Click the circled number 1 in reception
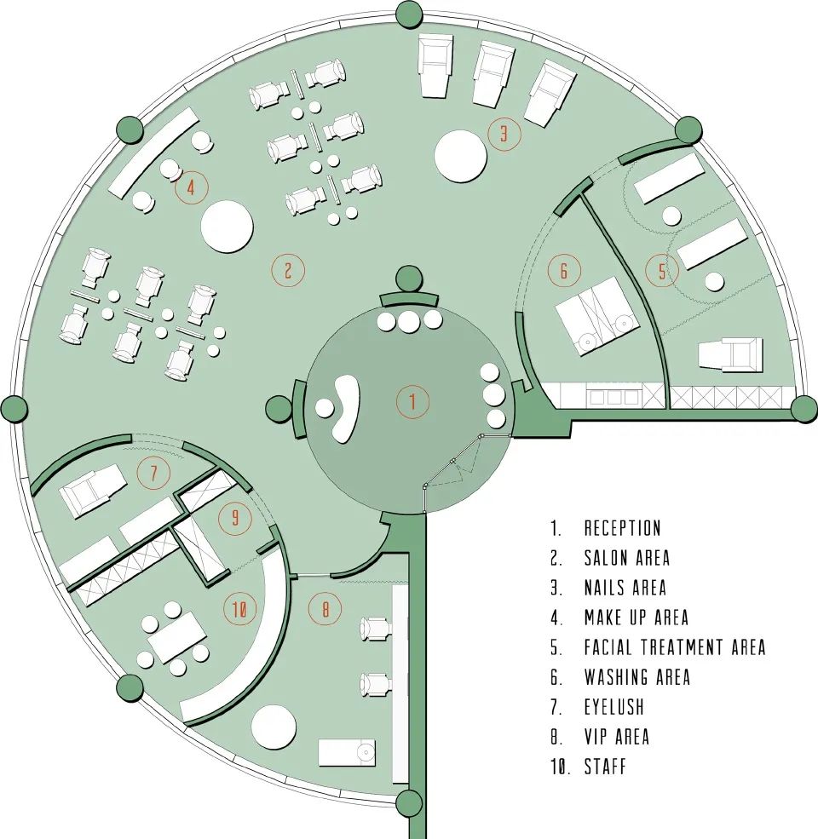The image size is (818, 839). pyautogui.click(x=412, y=401)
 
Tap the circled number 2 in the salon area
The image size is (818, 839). pyautogui.click(x=288, y=271)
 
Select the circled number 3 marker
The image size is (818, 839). pyautogui.click(x=504, y=134)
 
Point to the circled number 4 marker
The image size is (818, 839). pyautogui.click(x=191, y=187)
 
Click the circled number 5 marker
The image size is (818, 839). pyautogui.click(x=662, y=271)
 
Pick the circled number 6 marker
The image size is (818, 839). pyautogui.click(x=563, y=271)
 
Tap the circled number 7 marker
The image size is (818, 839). pyautogui.click(x=153, y=473)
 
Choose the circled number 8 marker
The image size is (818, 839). pyautogui.click(x=325, y=609)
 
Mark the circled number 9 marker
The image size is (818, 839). pyautogui.click(x=235, y=517)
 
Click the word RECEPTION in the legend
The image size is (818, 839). pyautogui.click(x=622, y=529)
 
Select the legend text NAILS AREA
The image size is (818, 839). pyautogui.click(x=625, y=588)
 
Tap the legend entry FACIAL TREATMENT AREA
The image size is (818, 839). pyautogui.click(x=674, y=647)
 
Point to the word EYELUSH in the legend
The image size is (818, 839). pyautogui.click(x=613, y=707)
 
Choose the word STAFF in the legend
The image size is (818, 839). pyautogui.click(x=605, y=766)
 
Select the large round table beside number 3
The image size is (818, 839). pyautogui.click(x=461, y=155)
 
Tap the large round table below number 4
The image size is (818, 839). pyautogui.click(x=228, y=226)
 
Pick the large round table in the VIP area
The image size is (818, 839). pyautogui.click(x=274, y=726)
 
